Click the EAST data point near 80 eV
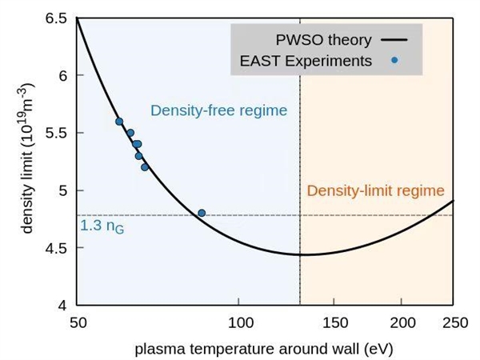[x=202, y=213]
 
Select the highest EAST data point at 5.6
[x=119, y=122]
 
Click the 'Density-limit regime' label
[x=375, y=190]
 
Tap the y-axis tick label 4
[x=62, y=306]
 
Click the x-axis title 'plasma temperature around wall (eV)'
[x=264, y=349]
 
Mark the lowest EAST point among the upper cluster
[x=145, y=167]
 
